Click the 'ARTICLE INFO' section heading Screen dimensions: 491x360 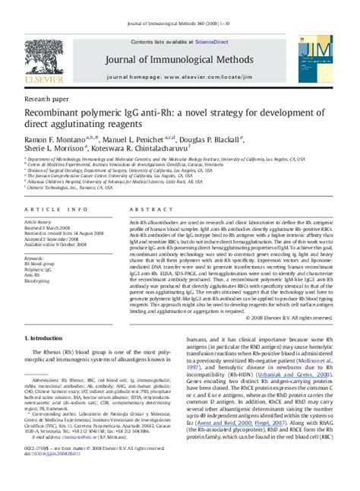pos(47,207)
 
